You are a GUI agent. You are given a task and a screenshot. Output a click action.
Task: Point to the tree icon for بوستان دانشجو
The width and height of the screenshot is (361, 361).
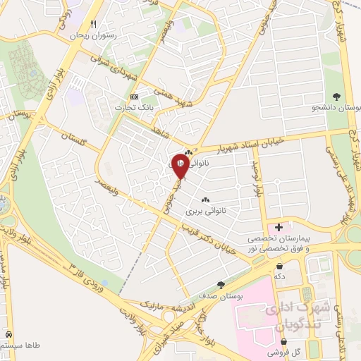pos(336,97)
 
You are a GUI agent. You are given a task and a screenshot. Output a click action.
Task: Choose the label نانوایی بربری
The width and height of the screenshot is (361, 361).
pos(204,210)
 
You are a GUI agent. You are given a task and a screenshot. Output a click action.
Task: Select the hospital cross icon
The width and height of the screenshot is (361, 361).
pos(280,227)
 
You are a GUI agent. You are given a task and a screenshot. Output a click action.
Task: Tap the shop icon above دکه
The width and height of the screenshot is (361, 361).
pos(281,267)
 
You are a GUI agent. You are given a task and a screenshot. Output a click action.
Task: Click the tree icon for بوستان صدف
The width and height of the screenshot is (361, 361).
pos(221,286)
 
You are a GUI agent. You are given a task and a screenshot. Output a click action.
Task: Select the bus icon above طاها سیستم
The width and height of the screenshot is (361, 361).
pos(8,334)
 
